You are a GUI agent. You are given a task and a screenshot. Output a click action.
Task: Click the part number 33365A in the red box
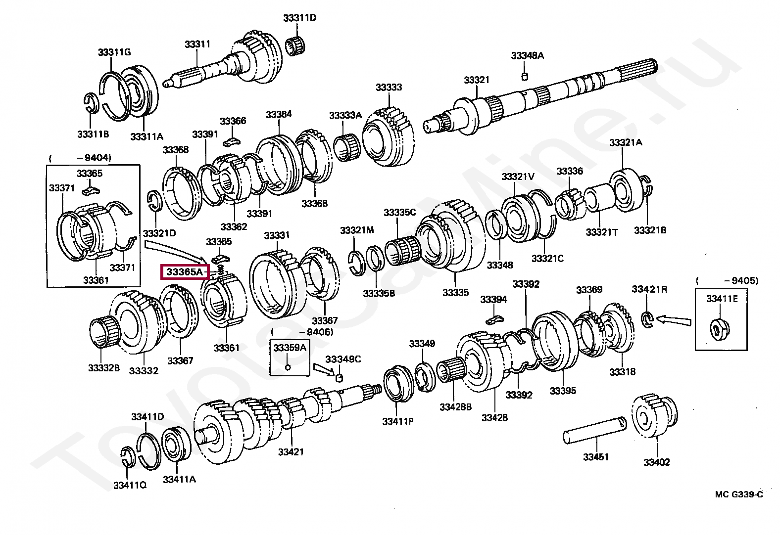(x=184, y=272)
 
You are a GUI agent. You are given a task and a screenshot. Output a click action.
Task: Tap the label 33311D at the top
(x=299, y=18)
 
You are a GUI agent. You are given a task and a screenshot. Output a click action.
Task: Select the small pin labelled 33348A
(x=525, y=76)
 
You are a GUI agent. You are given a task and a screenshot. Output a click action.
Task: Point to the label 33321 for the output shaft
(x=476, y=80)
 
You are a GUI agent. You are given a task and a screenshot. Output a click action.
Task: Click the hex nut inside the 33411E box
(x=718, y=328)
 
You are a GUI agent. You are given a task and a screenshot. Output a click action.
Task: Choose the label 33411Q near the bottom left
(x=130, y=486)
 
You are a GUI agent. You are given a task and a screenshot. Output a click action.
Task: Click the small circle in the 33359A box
(x=288, y=367)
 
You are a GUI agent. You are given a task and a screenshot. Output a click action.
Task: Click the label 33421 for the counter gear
(x=291, y=452)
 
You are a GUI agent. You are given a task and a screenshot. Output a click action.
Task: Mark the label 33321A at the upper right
(x=626, y=142)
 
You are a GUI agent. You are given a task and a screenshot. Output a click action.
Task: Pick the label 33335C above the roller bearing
(x=399, y=213)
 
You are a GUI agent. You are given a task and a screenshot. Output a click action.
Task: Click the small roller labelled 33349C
(x=340, y=378)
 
